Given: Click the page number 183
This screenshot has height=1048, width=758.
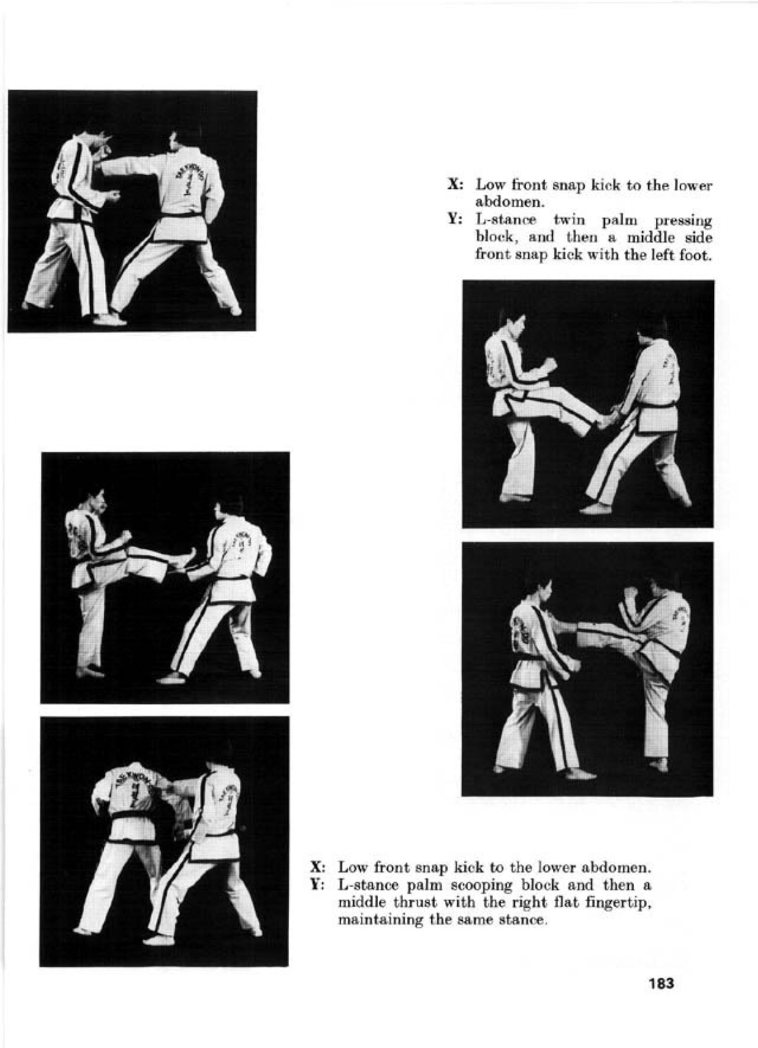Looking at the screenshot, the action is [661, 984].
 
